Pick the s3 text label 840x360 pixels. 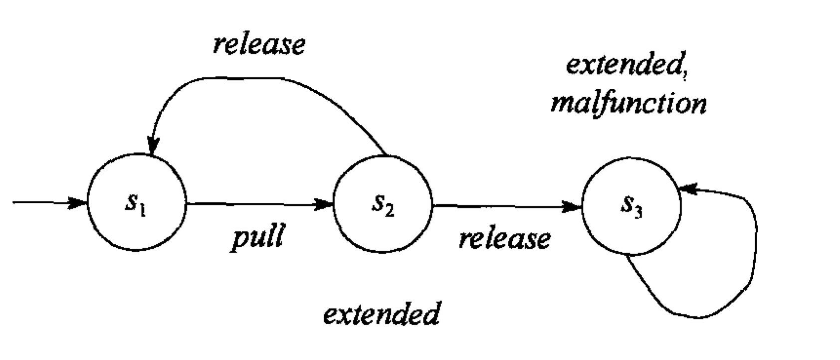(631, 207)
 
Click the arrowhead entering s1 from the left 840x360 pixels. (78, 203)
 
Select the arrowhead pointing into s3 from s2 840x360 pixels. (572, 206)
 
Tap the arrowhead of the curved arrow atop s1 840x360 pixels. (153, 146)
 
